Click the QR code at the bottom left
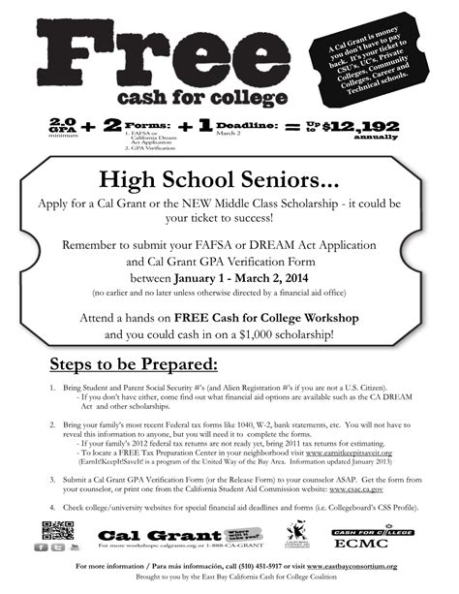click(x=57, y=532)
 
